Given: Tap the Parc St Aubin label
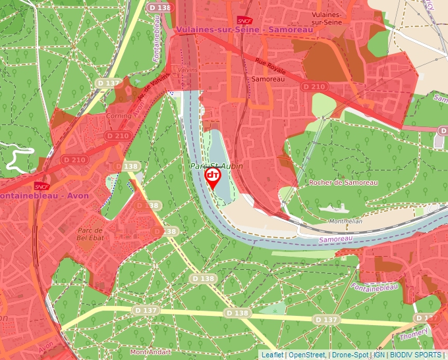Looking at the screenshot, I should pyautogui.click(x=217, y=167).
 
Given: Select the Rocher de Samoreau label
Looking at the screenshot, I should pyautogui.click(x=343, y=182).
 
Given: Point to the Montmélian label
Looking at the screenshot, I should pyautogui.click(x=345, y=222).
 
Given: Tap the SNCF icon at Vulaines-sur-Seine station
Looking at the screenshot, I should pyautogui.click(x=243, y=20).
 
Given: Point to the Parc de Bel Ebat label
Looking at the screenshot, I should pyautogui.click(x=92, y=234).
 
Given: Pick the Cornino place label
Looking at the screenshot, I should pyautogui.click(x=119, y=115).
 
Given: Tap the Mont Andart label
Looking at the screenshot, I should pyautogui.click(x=150, y=351).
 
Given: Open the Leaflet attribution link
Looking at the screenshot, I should pyautogui.click(x=272, y=355).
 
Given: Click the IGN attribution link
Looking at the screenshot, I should pyautogui.click(x=379, y=355).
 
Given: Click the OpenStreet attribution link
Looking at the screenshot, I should pyautogui.click(x=307, y=355).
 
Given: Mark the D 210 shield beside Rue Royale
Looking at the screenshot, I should pyautogui.click(x=314, y=87).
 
